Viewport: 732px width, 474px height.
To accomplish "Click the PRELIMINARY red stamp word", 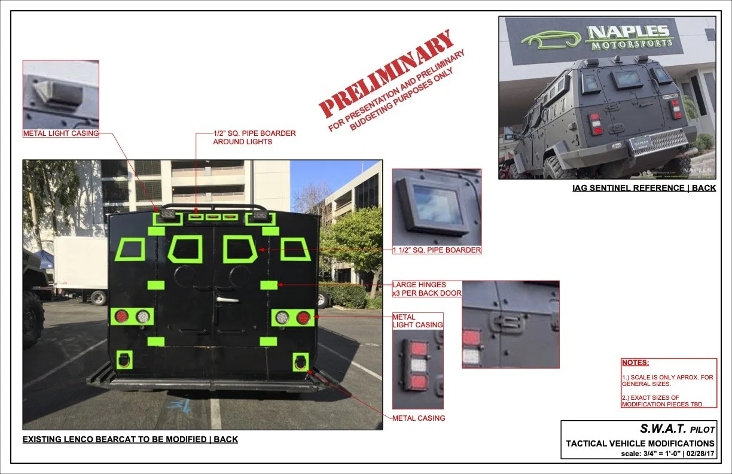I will [x=386, y=75].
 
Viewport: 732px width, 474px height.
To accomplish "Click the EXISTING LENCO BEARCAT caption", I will [x=130, y=439].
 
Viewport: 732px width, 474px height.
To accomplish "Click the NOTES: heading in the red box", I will [x=635, y=363].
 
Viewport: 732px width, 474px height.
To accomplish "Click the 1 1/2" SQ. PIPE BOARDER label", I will [x=437, y=250].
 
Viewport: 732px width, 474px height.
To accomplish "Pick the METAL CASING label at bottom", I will [x=419, y=418].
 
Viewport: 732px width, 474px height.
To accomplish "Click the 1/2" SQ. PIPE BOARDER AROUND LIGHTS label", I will [x=254, y=137].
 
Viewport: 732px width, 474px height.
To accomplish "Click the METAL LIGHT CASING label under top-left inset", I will [x=60, y=133].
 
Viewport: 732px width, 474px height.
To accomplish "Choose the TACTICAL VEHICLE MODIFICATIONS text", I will [x=640, y=443].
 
